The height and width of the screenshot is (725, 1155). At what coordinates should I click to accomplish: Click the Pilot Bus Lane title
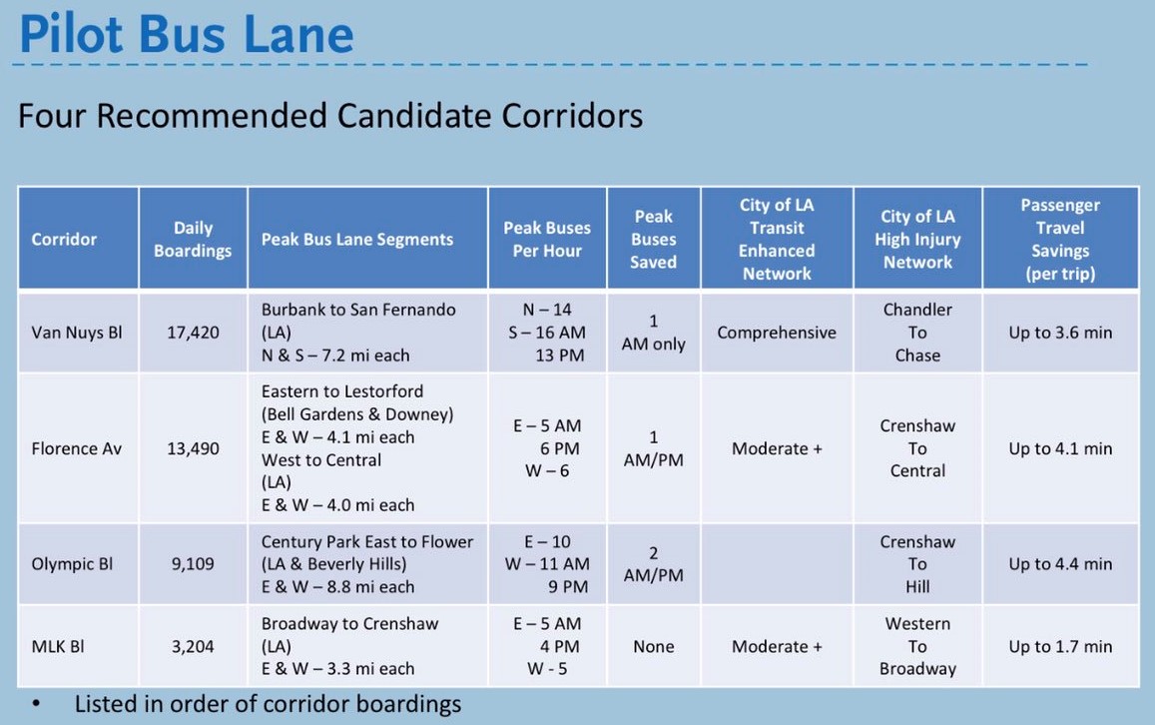187,35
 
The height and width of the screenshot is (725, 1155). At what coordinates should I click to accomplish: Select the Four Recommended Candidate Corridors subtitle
330,116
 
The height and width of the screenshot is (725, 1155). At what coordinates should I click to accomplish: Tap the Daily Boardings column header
193,239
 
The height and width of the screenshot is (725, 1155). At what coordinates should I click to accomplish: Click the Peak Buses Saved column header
654,239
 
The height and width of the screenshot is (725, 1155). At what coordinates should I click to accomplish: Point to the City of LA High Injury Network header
917,239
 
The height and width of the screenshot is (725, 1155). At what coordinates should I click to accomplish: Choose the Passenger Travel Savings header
1060,239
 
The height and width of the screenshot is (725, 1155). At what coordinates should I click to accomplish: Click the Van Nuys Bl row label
77,333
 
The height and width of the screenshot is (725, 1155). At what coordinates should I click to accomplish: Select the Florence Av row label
77,448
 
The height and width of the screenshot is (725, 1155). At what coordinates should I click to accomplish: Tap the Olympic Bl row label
72,563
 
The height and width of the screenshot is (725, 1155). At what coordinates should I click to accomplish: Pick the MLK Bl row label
58,646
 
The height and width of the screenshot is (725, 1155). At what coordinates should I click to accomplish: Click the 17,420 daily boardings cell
193,333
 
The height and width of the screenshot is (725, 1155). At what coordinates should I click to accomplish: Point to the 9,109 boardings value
193,563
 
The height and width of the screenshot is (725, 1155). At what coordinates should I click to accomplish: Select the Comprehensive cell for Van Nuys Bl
777,333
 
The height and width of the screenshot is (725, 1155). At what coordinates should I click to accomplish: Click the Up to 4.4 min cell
1060,563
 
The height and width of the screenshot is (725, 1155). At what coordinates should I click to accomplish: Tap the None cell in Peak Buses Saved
654,646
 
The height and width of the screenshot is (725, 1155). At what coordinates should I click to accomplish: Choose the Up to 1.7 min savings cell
1060,646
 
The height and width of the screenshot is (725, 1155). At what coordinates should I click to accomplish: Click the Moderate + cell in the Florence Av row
777,448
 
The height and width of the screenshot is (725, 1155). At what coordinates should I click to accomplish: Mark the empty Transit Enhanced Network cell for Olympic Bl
777,564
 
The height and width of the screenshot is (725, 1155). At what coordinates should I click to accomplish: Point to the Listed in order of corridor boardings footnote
269,704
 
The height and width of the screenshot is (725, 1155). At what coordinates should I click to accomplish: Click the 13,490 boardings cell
193,448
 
